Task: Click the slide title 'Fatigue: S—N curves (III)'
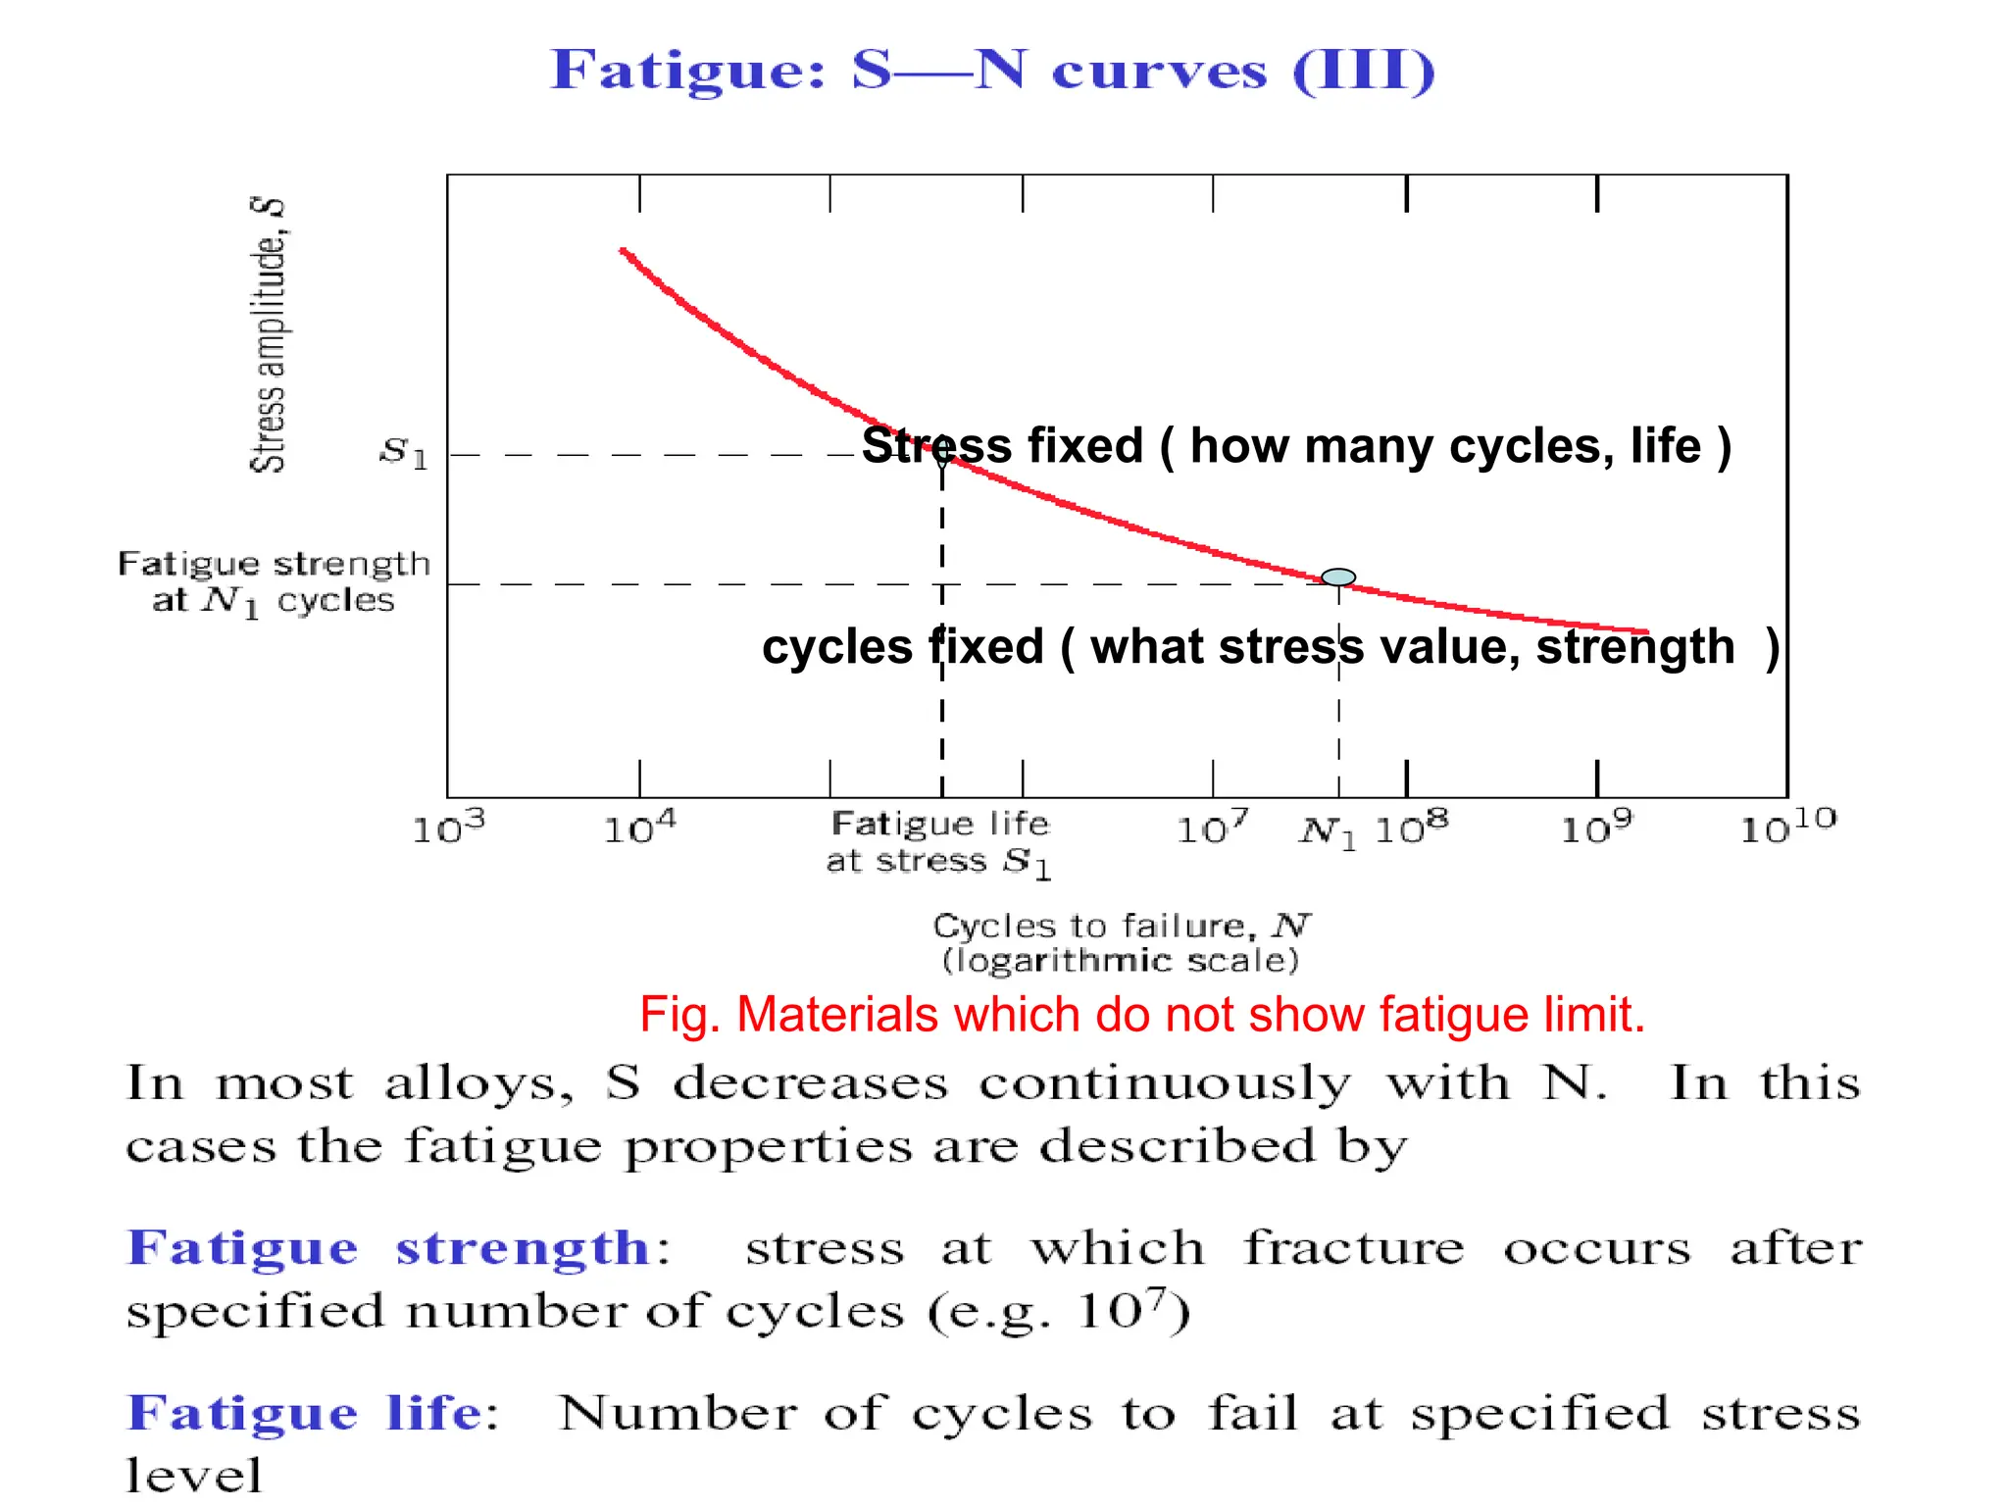coord(992,71)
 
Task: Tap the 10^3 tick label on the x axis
coord(448,828)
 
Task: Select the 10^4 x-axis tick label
coord(639,828)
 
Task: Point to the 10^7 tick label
coord(1213,828)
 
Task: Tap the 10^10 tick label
coord(1787,826)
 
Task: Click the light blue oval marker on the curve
coord(1338,577)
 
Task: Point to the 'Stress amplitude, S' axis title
coord(268,334)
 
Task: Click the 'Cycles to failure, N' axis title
coord(1121,925)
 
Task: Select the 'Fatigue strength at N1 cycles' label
coord(274,582)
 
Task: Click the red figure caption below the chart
coord(1142,1014)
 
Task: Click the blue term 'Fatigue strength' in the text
coord(389,1248)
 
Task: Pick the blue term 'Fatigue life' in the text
coord(305,1413)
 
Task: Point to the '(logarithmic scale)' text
coord(1121,960)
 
